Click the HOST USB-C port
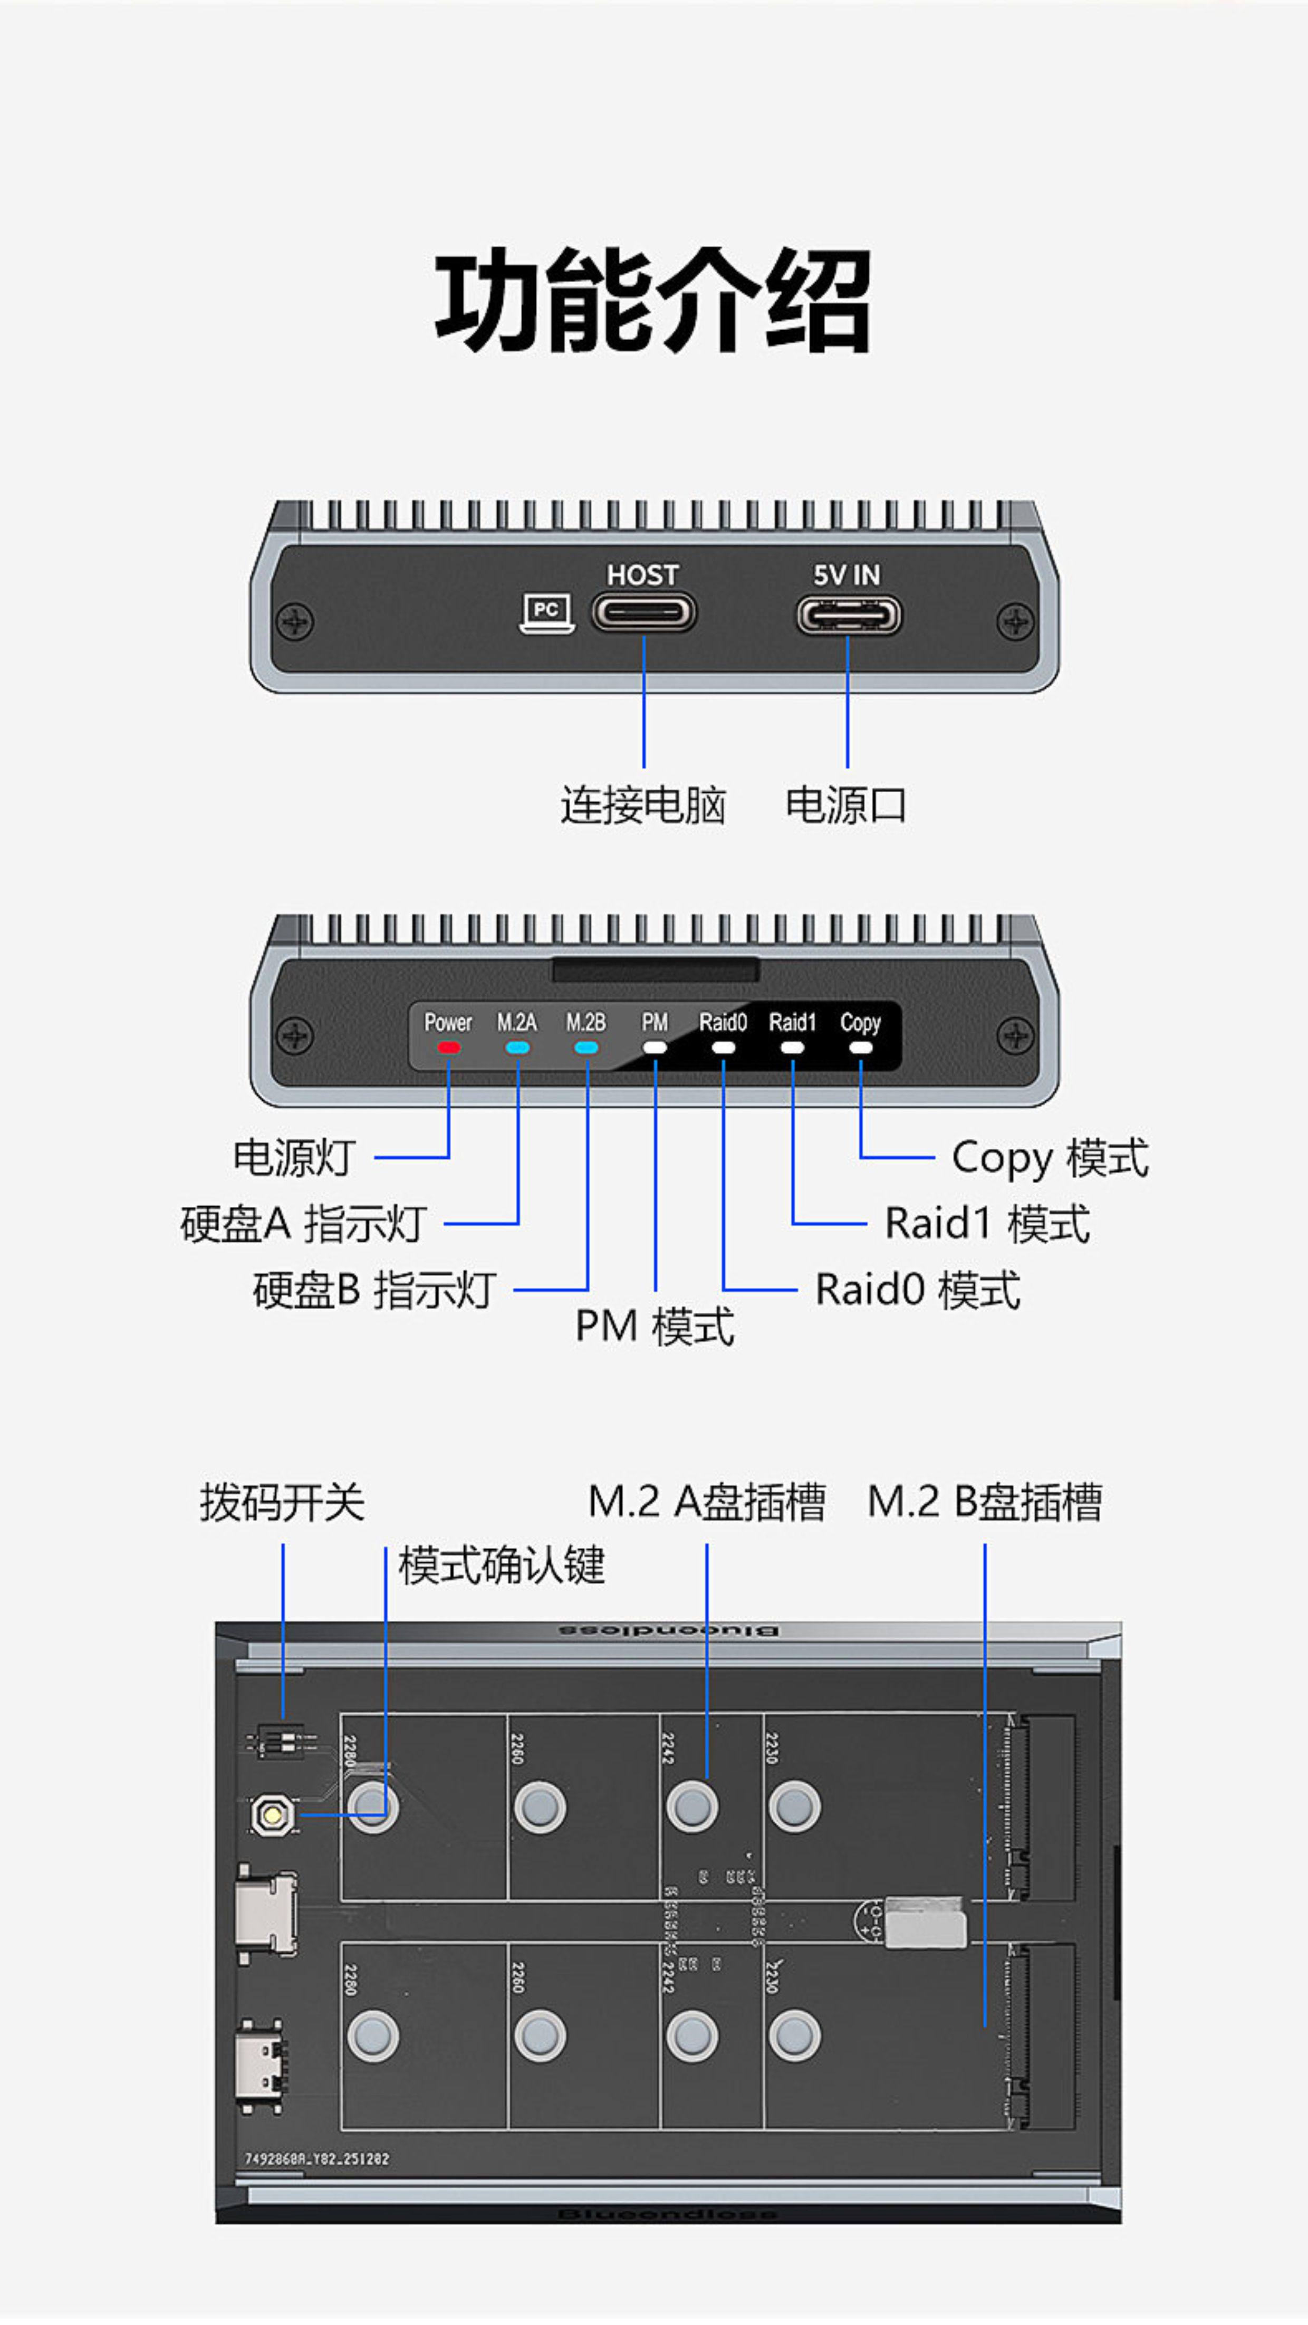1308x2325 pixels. click(x=643, y=613)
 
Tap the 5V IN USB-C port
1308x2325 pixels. click(x=848, y=616)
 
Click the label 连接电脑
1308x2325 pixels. click(x=643, y=805)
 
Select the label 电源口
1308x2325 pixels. click(x=846, y=805)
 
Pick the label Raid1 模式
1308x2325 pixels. click(x=987, y=1224)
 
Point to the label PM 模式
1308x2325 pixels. click(x=655, y=1327)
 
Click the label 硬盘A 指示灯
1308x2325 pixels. click(x=303, y=1224)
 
